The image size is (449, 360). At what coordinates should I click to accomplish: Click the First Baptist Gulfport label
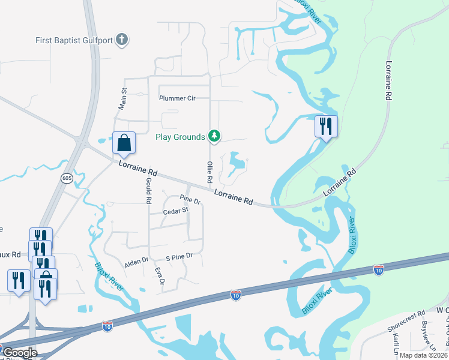pyautogui.click(x=73, y=40)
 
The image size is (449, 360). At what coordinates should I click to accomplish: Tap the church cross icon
pyautogui.click(x=122, y=40)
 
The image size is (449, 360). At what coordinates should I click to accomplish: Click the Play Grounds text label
pyautogui.click(x=180, y=137)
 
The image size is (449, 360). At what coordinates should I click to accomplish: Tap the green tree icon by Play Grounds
pyautogui.click(x=214, y=137)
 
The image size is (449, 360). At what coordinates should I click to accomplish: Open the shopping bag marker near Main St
pyautogui.click(x=124, y=143)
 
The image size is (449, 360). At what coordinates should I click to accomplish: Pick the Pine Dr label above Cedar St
pyautogui.click(x=190, y=198)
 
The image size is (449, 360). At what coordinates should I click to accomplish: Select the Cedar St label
pyautogui.click(x=176, y=211)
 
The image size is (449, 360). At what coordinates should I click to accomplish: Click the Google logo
pyautogui.click(x=20, y=353)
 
